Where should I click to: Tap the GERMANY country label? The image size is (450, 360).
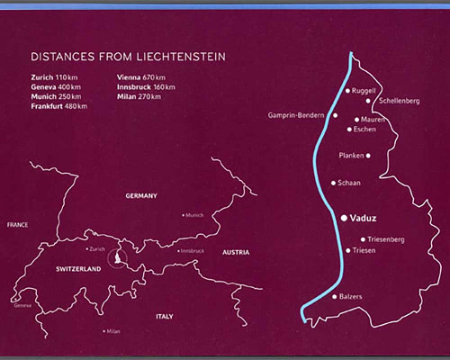[x=141, y=195]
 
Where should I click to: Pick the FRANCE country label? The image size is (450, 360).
[x=17, y=223]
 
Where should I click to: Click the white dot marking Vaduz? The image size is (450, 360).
[x=343, y=217]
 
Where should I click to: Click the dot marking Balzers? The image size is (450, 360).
[x=336, y=296]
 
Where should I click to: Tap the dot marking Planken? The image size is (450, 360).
[x=368, y=156]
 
